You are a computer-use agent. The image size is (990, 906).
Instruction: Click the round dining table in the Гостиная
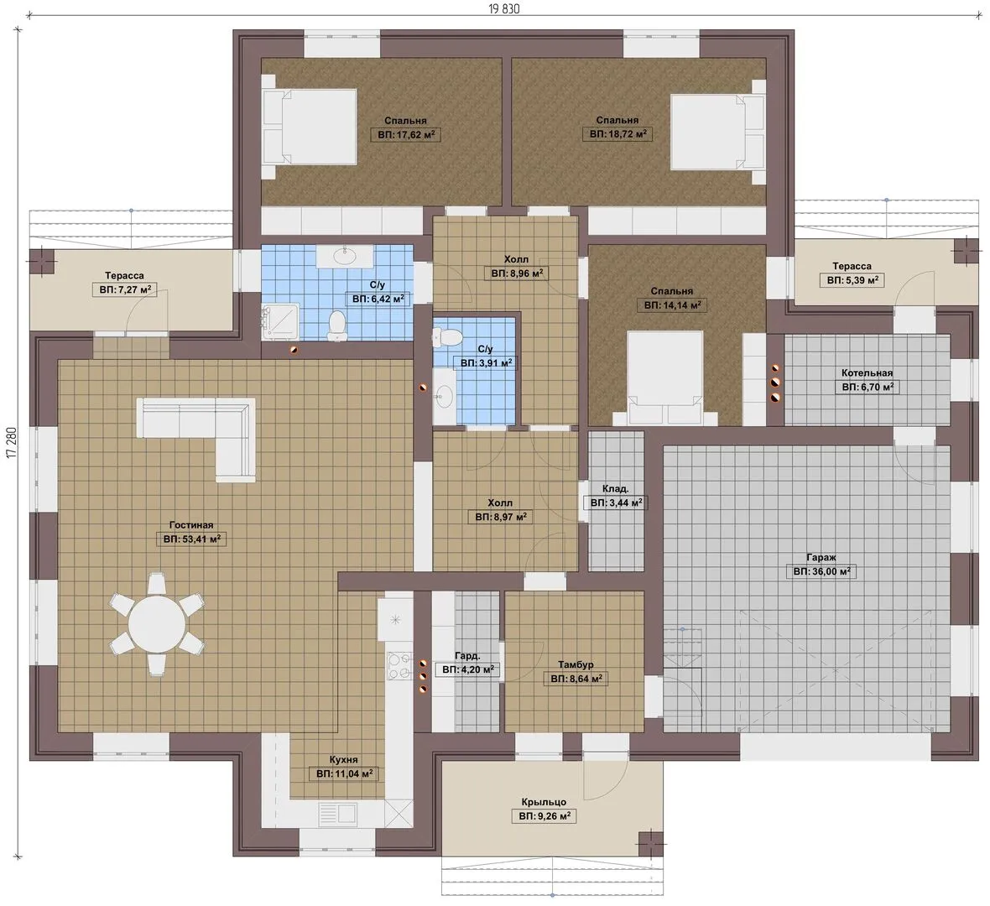(x=157, y=624)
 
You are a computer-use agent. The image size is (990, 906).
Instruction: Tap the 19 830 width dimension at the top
(x=504, y=9)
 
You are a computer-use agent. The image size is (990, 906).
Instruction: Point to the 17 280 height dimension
(x=12, y=452)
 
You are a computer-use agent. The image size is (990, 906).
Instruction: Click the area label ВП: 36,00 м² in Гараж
(x=821, y=572)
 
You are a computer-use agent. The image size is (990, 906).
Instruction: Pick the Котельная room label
(x=867, y=372)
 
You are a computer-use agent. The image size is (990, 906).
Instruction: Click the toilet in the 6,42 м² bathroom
(x=338, y=325)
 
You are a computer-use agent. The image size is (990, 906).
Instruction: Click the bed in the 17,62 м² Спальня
(x=310, y=128)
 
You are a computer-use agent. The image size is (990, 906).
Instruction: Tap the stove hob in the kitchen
(x=399, y=667)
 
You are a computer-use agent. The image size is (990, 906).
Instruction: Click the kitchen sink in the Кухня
(x=338, y=813)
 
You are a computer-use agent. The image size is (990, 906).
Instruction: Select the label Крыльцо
(x=544, y=803)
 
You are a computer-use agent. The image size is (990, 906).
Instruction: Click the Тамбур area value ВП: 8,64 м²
(x=576, y=679)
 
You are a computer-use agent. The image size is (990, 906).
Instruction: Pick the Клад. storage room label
(x=615, y=489)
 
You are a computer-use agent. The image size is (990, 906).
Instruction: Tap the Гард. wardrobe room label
(x=467, y=656)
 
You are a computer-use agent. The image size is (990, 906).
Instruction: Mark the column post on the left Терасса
(x=42, y=262)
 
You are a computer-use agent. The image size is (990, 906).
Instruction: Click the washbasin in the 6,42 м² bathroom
(x=345, y=257)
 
